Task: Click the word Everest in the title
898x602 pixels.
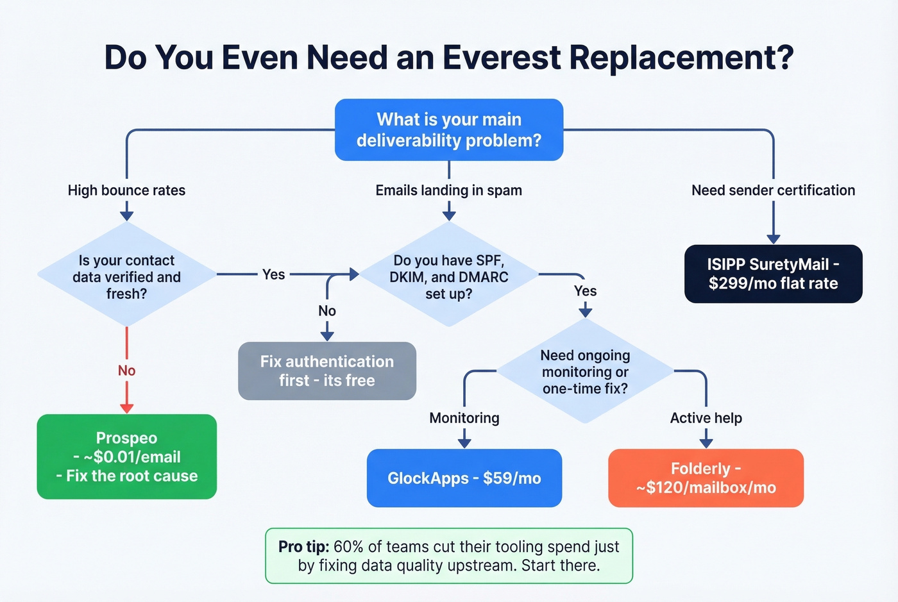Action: tap(502, 58)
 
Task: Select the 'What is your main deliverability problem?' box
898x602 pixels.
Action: tap(449, 130)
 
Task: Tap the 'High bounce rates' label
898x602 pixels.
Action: tap(126, 190)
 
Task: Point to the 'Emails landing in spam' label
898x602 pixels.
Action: tap(448, 190)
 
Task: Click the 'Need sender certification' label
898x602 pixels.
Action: tap(773, 190)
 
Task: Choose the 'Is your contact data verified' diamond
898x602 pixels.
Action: tap(126, 276)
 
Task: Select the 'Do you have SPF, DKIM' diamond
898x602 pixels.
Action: tap(448, 276)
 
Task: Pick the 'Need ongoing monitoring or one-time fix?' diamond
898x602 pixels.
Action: tap(585, 371)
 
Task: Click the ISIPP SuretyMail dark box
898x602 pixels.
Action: tap(773, 274)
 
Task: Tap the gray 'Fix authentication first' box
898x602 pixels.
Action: tap(327, 371)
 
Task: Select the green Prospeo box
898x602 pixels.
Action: tap(126, 456)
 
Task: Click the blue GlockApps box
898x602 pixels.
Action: tap(464, 478)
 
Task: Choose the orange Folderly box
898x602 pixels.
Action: tap(706, 478)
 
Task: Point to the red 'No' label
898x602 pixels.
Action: tap(126, 371)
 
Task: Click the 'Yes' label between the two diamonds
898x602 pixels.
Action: tap(273, 274)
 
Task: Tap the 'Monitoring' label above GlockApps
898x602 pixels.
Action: tap(464, 418)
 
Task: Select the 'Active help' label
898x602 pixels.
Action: tap(706, 418)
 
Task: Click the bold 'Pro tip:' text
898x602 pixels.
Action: tap(303, 547)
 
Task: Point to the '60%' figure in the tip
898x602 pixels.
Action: tap(348, 547)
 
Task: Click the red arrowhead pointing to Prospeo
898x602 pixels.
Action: tap(126, 408)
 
